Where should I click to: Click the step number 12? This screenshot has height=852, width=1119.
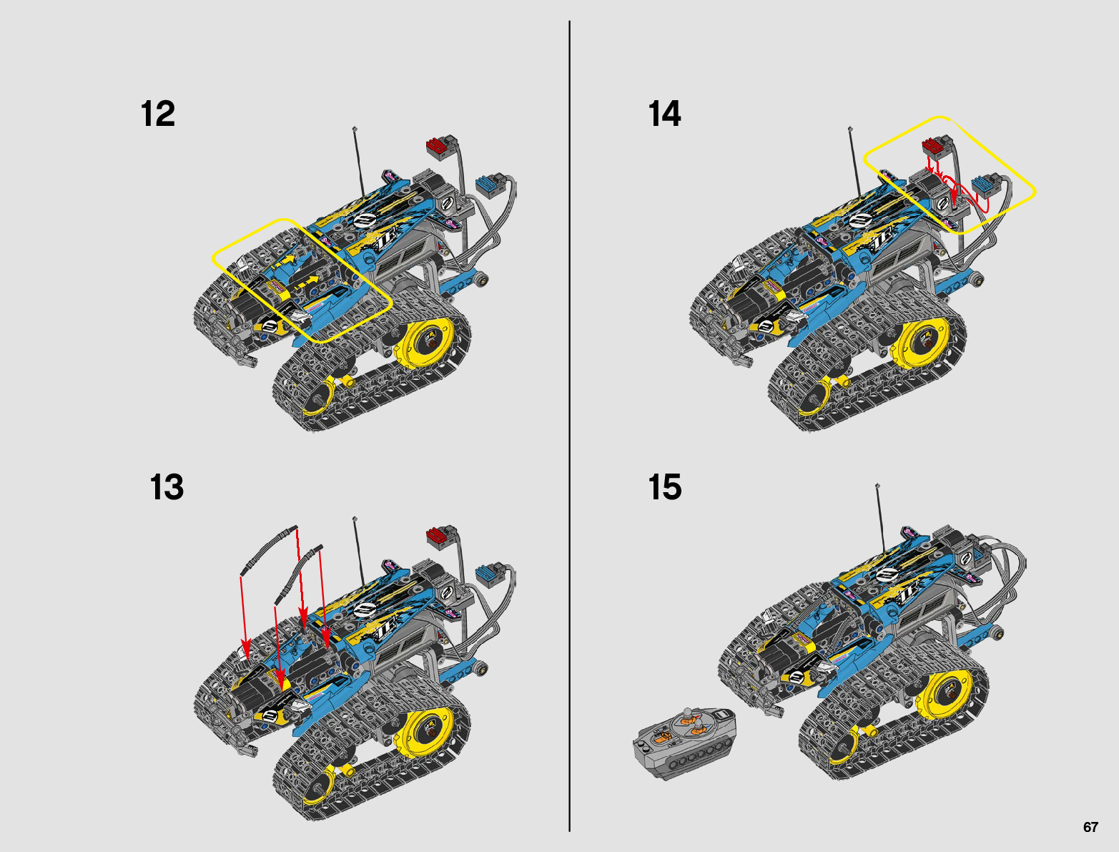pos(157,114)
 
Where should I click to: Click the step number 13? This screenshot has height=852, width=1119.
pos(167,487)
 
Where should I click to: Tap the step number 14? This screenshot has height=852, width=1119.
pos(664,114)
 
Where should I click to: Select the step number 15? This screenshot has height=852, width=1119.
pos(665,487)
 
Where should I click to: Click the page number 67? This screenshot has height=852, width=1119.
pos(1090,827)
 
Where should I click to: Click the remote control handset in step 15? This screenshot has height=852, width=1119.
pos(685,744)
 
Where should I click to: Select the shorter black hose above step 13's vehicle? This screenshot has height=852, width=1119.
pos(297,574)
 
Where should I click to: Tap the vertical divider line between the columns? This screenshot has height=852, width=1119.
pos(569,426)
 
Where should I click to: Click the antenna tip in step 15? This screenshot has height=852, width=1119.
pos(877,486)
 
